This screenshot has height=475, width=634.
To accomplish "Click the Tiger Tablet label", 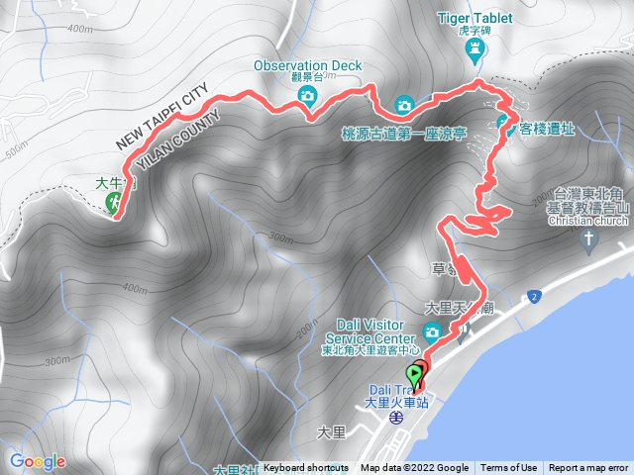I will pos(477,18).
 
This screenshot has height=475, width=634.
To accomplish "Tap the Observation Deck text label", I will pos(308,65).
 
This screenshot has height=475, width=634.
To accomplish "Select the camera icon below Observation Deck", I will pos(307,95).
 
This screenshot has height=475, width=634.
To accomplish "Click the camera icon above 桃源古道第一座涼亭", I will pos(403,105).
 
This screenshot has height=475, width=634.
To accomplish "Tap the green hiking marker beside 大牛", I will pos(114,203).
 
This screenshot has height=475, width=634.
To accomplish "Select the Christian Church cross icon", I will pos(587,239).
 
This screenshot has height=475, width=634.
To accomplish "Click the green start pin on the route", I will pos(414,376).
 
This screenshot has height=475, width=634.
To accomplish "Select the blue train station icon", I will pos(395,418).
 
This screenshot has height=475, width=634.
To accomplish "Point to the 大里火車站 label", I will pos(396,403).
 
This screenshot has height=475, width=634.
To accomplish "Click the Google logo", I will pos(37,461).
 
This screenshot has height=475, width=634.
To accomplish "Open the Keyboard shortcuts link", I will pos(306,468).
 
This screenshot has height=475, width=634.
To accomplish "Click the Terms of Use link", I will pos(509,468).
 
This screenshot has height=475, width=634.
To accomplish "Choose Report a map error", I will pos(590,468).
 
